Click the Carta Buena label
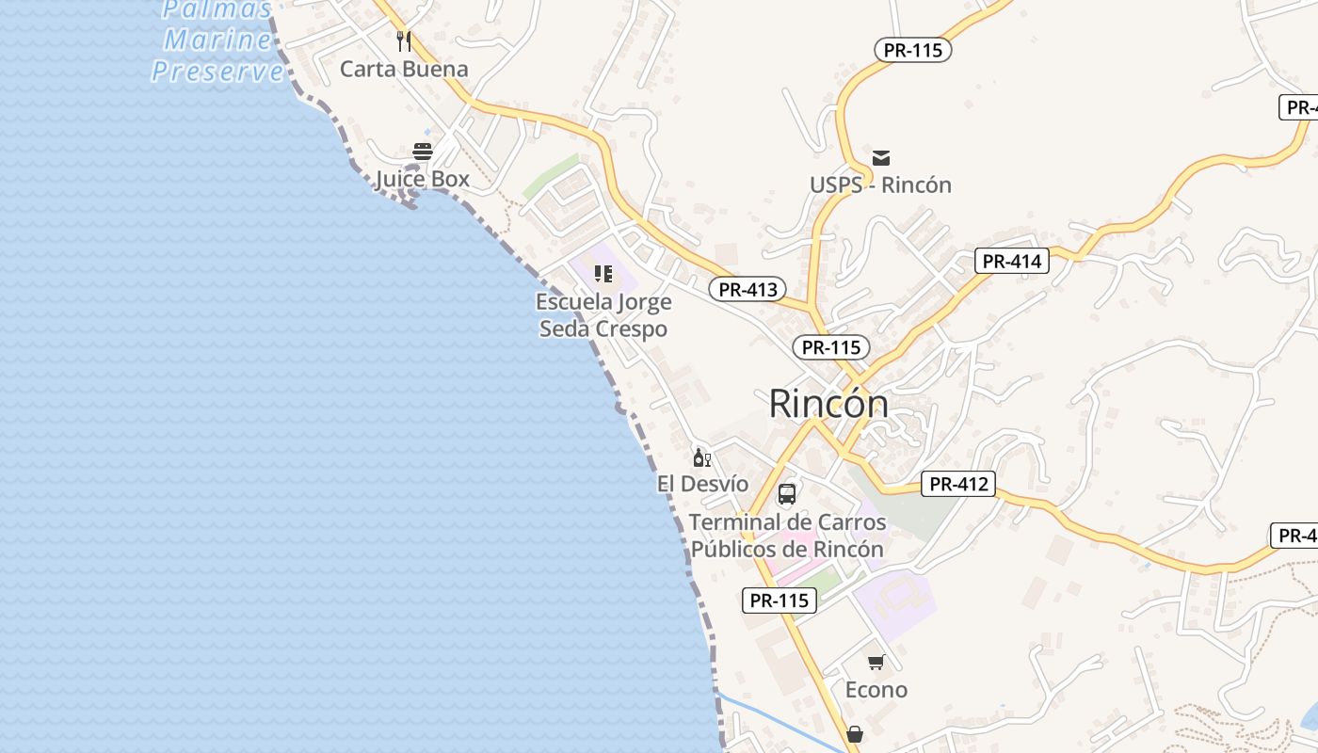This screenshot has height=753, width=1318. [x=404, y=69]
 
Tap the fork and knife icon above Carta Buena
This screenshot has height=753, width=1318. [x=404, y=40]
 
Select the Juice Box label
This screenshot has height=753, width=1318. [x=422, y=179]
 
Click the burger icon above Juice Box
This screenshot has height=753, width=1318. [x=422, y=151]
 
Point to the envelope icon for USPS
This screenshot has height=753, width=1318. [x=881, y=157]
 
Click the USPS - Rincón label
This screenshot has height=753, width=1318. [x=881, y=184]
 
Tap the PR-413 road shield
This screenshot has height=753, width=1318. [x=747, y=290]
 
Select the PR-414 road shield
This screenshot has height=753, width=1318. [x=1011, y=262]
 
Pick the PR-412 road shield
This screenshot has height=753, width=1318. [x=958, y=485]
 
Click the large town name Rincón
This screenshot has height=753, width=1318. [x=828, y=404]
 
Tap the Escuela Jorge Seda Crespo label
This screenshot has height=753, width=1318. [x=603, y=315]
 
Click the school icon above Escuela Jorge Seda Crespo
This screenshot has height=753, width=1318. [x=603, y=274]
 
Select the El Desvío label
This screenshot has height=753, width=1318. [x=702, y=484]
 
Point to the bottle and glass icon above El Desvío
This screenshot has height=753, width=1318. [x=702, y=457]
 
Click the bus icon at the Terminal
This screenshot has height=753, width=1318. [x=787, y=494]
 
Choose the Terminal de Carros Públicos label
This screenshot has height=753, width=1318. [x=787, y=535]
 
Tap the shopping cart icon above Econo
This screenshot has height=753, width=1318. [x=876, y=663]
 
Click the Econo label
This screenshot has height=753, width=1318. [x=876, y=690]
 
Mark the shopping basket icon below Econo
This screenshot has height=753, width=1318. [x=855, y=733]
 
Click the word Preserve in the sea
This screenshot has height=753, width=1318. [x=217, y=72]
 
